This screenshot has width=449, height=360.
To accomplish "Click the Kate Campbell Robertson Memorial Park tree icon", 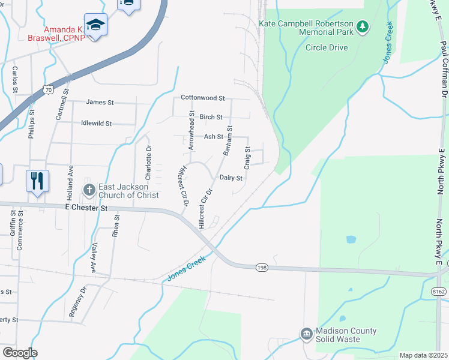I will (362, 27).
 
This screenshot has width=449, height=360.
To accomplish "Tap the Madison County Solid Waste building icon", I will (307, 333).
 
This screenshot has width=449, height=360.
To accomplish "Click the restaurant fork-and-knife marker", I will (37, 181).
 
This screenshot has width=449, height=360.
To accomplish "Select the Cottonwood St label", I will (203, 98).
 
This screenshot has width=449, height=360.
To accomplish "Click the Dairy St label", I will (231, 178).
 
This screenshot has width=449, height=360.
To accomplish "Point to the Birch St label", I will (211, 117).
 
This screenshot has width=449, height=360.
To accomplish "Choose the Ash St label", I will (213, 137).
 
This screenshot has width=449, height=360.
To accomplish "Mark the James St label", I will (100, 102).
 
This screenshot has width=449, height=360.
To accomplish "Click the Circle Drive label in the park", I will (327, 47).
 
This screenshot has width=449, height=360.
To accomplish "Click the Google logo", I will (20, 353).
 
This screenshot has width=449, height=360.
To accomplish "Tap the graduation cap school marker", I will (95, 25).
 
